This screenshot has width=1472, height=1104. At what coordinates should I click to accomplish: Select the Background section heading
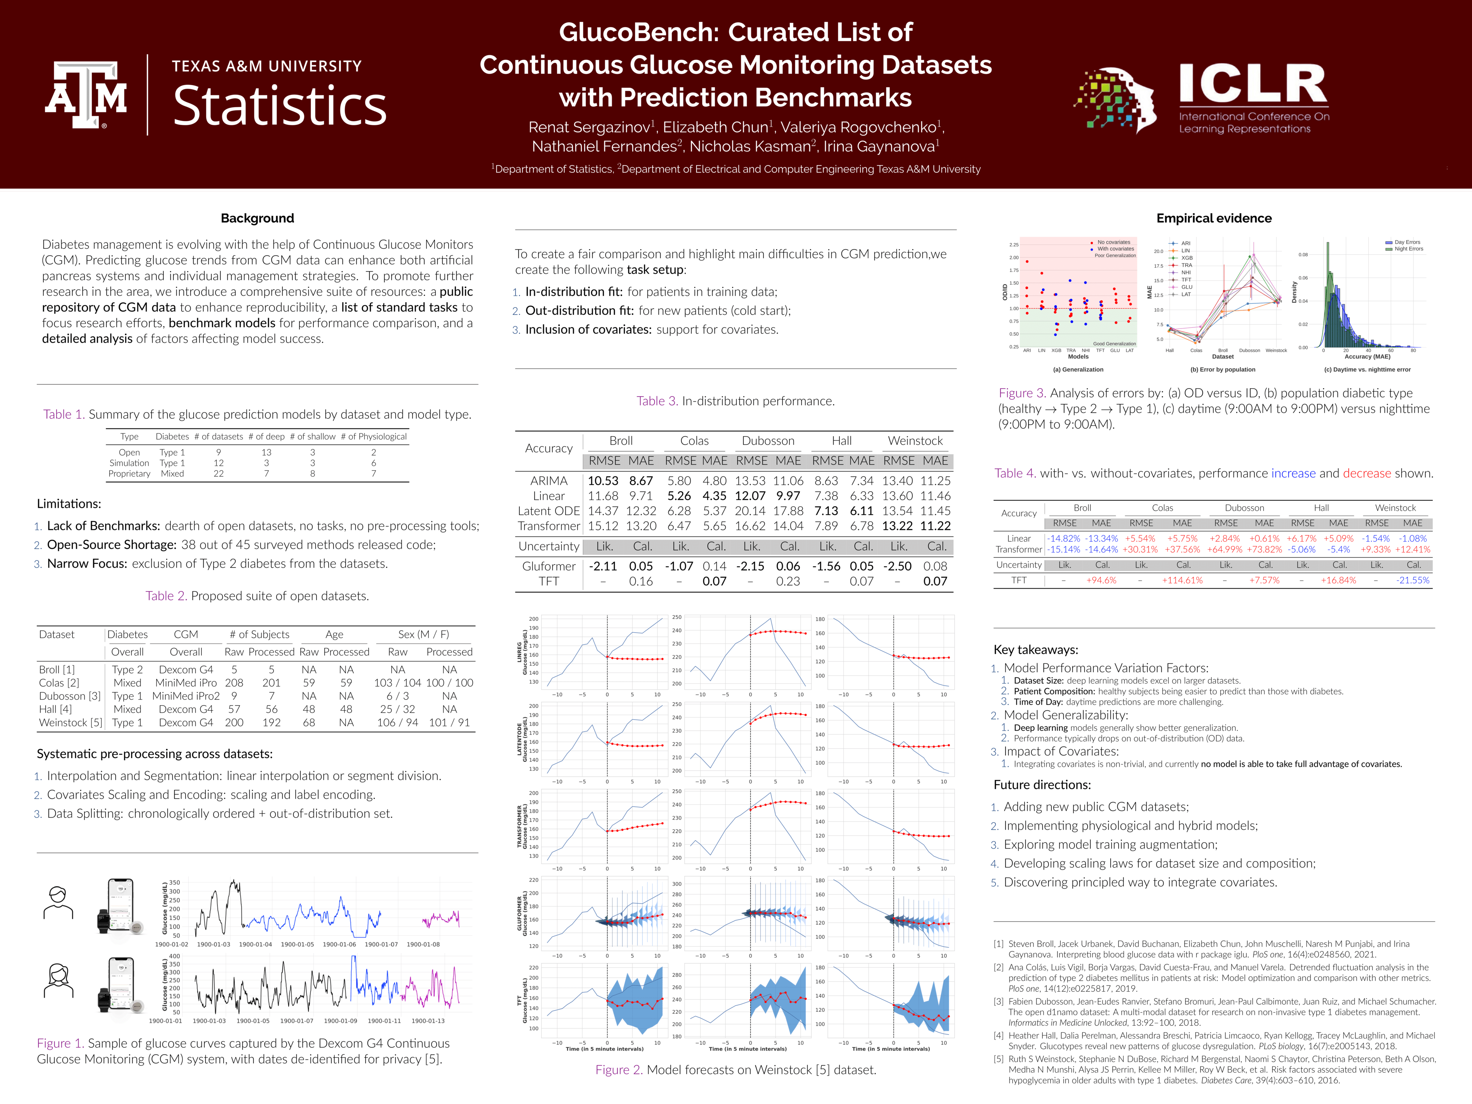point(257,218)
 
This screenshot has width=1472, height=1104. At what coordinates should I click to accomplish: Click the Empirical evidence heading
point(1214,218)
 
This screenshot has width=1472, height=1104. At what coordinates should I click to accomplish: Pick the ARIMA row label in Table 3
point(549,480)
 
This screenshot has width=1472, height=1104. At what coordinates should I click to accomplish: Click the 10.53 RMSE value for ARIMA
point(602,480)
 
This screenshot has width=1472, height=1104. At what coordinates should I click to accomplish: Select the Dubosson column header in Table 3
point(768,440)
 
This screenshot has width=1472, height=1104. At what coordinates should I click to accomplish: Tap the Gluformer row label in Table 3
point(549,566)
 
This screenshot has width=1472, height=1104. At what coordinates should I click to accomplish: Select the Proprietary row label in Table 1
point(129,474)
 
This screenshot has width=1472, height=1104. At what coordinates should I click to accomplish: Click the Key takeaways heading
point(1035,650)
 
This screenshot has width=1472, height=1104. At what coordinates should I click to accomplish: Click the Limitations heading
point(69,504)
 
